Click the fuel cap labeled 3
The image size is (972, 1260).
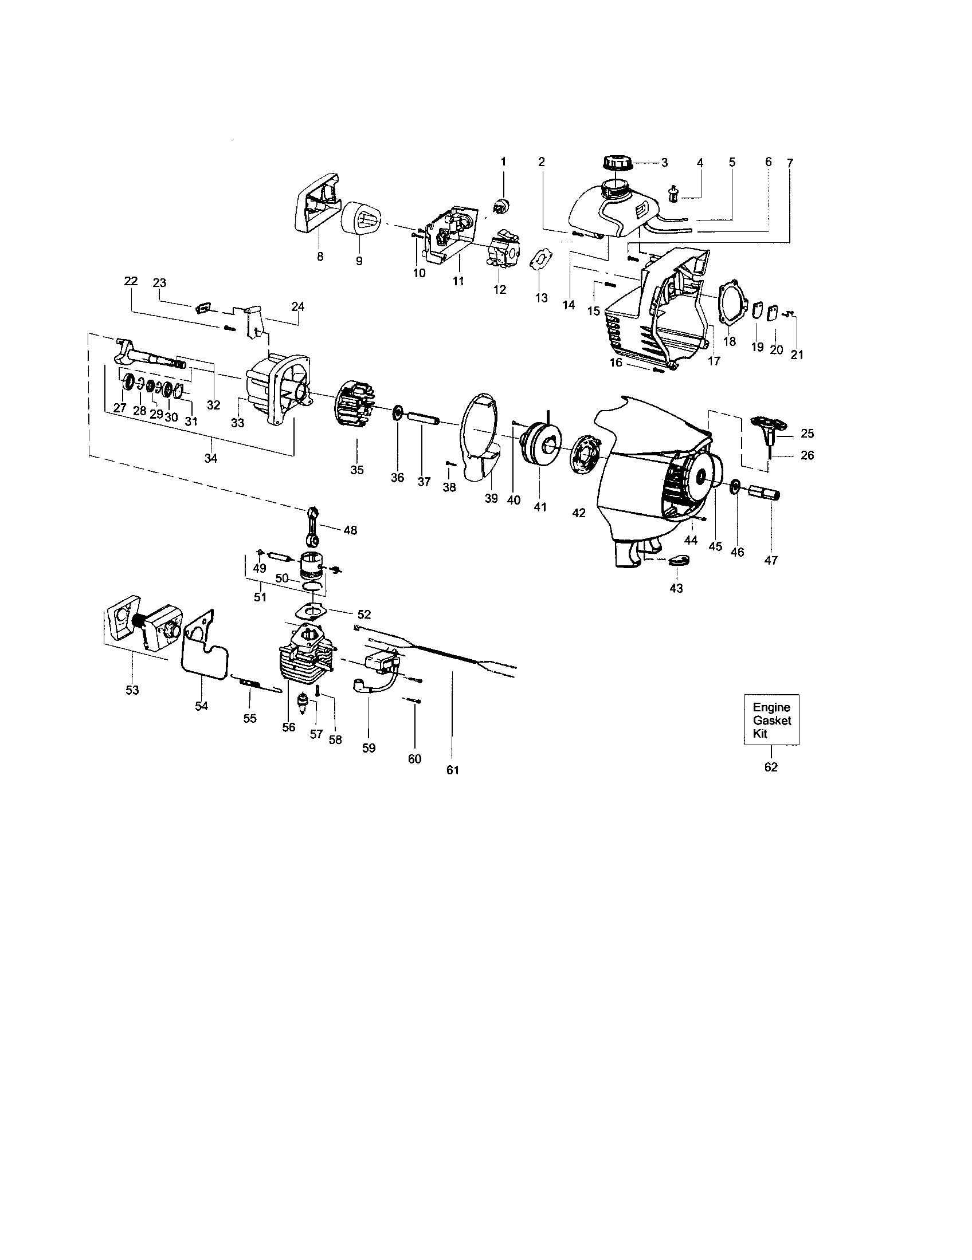point(617,162)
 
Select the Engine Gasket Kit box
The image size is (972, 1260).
point(771,719)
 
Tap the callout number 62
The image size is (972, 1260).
point(771,767)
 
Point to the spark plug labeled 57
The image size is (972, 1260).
point(301,703)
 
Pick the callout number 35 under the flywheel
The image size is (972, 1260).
point(356,470)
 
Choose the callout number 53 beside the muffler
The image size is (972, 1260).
point(132,690)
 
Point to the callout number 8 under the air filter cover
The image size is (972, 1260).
point(320,257)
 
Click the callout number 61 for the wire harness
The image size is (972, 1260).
point(453,770)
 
